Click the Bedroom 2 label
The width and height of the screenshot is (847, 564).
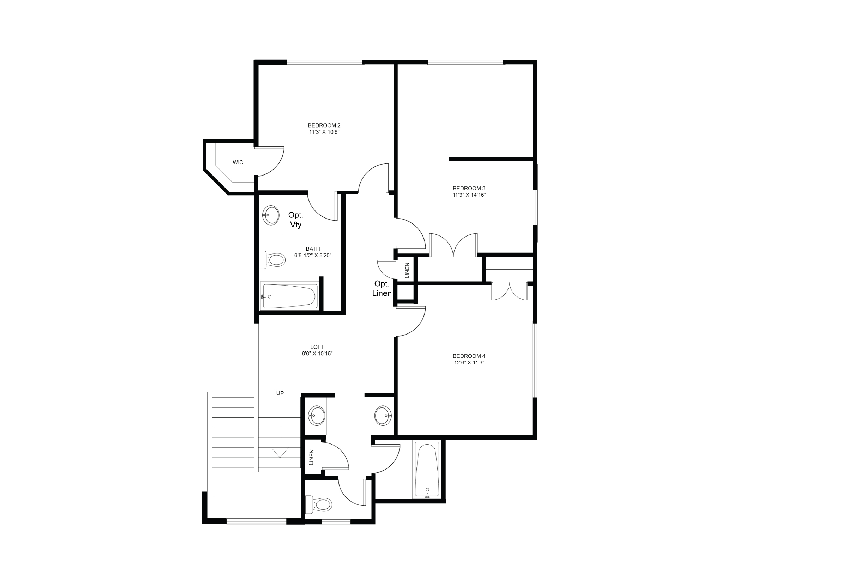(x=324, y=125)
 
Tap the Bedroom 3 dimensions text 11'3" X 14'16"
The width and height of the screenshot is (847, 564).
(x=469, y=195)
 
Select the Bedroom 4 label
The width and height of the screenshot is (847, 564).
(x=469, y=356)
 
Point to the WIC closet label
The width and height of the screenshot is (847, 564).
(x=238, y=163)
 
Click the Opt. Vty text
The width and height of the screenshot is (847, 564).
(x=296, y=220)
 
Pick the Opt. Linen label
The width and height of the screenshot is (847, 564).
(x=382, y=288)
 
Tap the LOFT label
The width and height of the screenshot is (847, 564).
(x=317, y=347)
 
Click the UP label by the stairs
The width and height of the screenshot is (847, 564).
(x=280, y=393)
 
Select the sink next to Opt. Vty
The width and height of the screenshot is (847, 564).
(x=271, y=215)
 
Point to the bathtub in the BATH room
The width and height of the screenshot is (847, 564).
(x=289, y=296)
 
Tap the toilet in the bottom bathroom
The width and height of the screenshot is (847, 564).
(x=319, y=505)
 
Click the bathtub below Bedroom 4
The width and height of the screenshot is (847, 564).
(x=427, y=470)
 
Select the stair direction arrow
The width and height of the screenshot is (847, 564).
(x=280, y=452)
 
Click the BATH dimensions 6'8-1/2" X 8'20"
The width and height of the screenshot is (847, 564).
(x=313, y=255)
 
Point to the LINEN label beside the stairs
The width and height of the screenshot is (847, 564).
(x=312, y=457)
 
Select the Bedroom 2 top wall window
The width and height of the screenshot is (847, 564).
(x=324, y=62)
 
